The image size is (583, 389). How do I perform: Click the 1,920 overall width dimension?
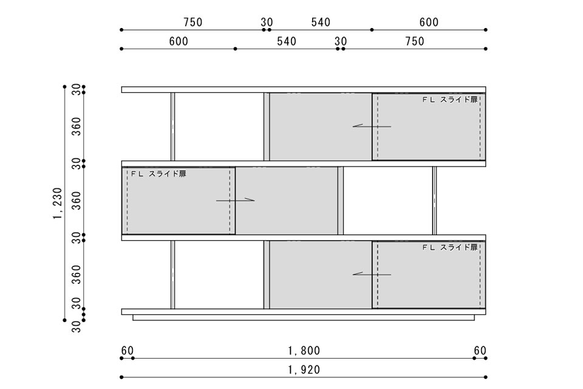point(304,370)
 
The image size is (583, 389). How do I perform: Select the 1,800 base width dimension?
point(304,351)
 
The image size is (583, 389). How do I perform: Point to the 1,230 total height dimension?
point(57,203)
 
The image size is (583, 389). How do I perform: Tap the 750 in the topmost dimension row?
point(193,22)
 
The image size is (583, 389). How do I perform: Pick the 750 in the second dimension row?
point(415,41)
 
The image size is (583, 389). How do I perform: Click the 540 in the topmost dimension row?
point(321,22)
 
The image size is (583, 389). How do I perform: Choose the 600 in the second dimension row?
point(179,41)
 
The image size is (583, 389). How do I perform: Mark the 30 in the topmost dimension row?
point(267,22)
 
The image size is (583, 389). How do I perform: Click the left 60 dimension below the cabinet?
point(127,351)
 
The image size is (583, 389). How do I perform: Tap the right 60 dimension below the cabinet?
point(480,351)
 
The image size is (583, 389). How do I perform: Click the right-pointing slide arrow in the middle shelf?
point(236,200)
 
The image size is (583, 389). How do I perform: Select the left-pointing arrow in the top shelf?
point(372,126)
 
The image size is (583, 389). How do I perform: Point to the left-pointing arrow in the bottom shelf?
point(372,274)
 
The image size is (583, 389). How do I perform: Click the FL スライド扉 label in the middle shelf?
point(159,174)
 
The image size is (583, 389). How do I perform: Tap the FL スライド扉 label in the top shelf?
point(450,100)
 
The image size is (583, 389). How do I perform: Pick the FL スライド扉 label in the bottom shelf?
point(450,247)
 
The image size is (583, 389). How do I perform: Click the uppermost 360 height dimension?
point(77,126)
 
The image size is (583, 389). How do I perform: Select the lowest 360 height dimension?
point(77,275)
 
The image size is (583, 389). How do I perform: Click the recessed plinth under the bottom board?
point(304,317)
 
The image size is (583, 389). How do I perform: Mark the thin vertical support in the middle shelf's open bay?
point(434,201)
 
